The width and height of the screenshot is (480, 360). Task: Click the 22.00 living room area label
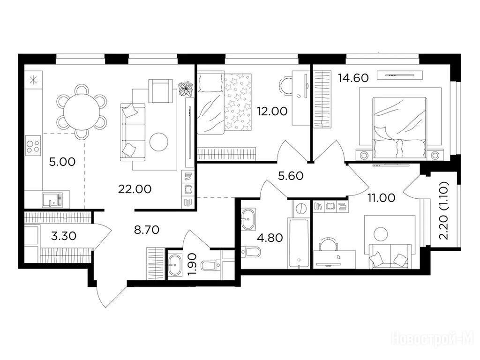(x=135, y=189)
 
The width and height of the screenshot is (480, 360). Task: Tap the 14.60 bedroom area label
(x=353, y=78)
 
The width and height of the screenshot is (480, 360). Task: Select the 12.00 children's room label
(x=272, y=111)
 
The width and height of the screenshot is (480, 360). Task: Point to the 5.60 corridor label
(x=291, y=176)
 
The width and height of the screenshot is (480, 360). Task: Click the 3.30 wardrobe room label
(x=64, y=236)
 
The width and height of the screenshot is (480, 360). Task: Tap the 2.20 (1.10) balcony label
(x=443, y=210)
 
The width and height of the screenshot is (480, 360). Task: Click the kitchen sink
(x=52, y=200)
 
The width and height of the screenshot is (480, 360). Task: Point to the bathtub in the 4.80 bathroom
(x=299, y=243)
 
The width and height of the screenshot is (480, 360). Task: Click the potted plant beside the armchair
(x=186, y=89)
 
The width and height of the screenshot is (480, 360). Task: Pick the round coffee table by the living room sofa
(x=158, y=142)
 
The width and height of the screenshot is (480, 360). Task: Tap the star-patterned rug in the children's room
(x=238, y=104)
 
